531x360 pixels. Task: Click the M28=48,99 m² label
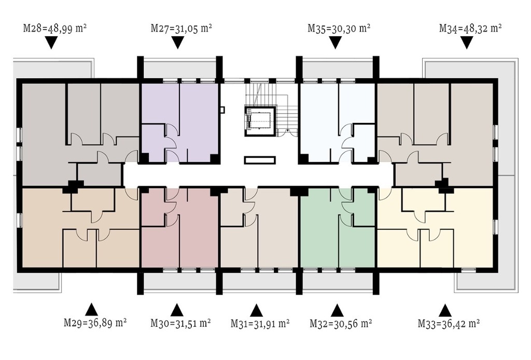pos(55,28)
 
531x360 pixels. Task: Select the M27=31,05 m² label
pos(181,28)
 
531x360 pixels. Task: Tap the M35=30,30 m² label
pos(339,28)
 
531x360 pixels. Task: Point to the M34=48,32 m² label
pos(470,28)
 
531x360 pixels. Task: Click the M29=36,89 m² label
pos(95,323)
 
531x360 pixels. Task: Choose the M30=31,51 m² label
pos(181,323)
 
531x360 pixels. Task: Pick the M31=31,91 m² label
pos(260,323)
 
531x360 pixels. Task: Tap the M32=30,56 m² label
pos(341,323)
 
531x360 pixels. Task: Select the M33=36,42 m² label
pos(449,323)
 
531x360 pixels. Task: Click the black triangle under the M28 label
pos(51,43)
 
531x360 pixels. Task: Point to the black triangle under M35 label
pos(336,43)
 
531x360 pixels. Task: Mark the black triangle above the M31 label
pos(256,310)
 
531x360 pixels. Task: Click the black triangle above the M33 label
pos(445,310)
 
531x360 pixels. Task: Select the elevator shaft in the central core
pos(259,120)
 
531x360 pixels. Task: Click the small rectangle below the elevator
pos(260,160)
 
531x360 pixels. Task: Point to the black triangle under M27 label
pos(178,43)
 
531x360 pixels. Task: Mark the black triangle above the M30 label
pos(177,310)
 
